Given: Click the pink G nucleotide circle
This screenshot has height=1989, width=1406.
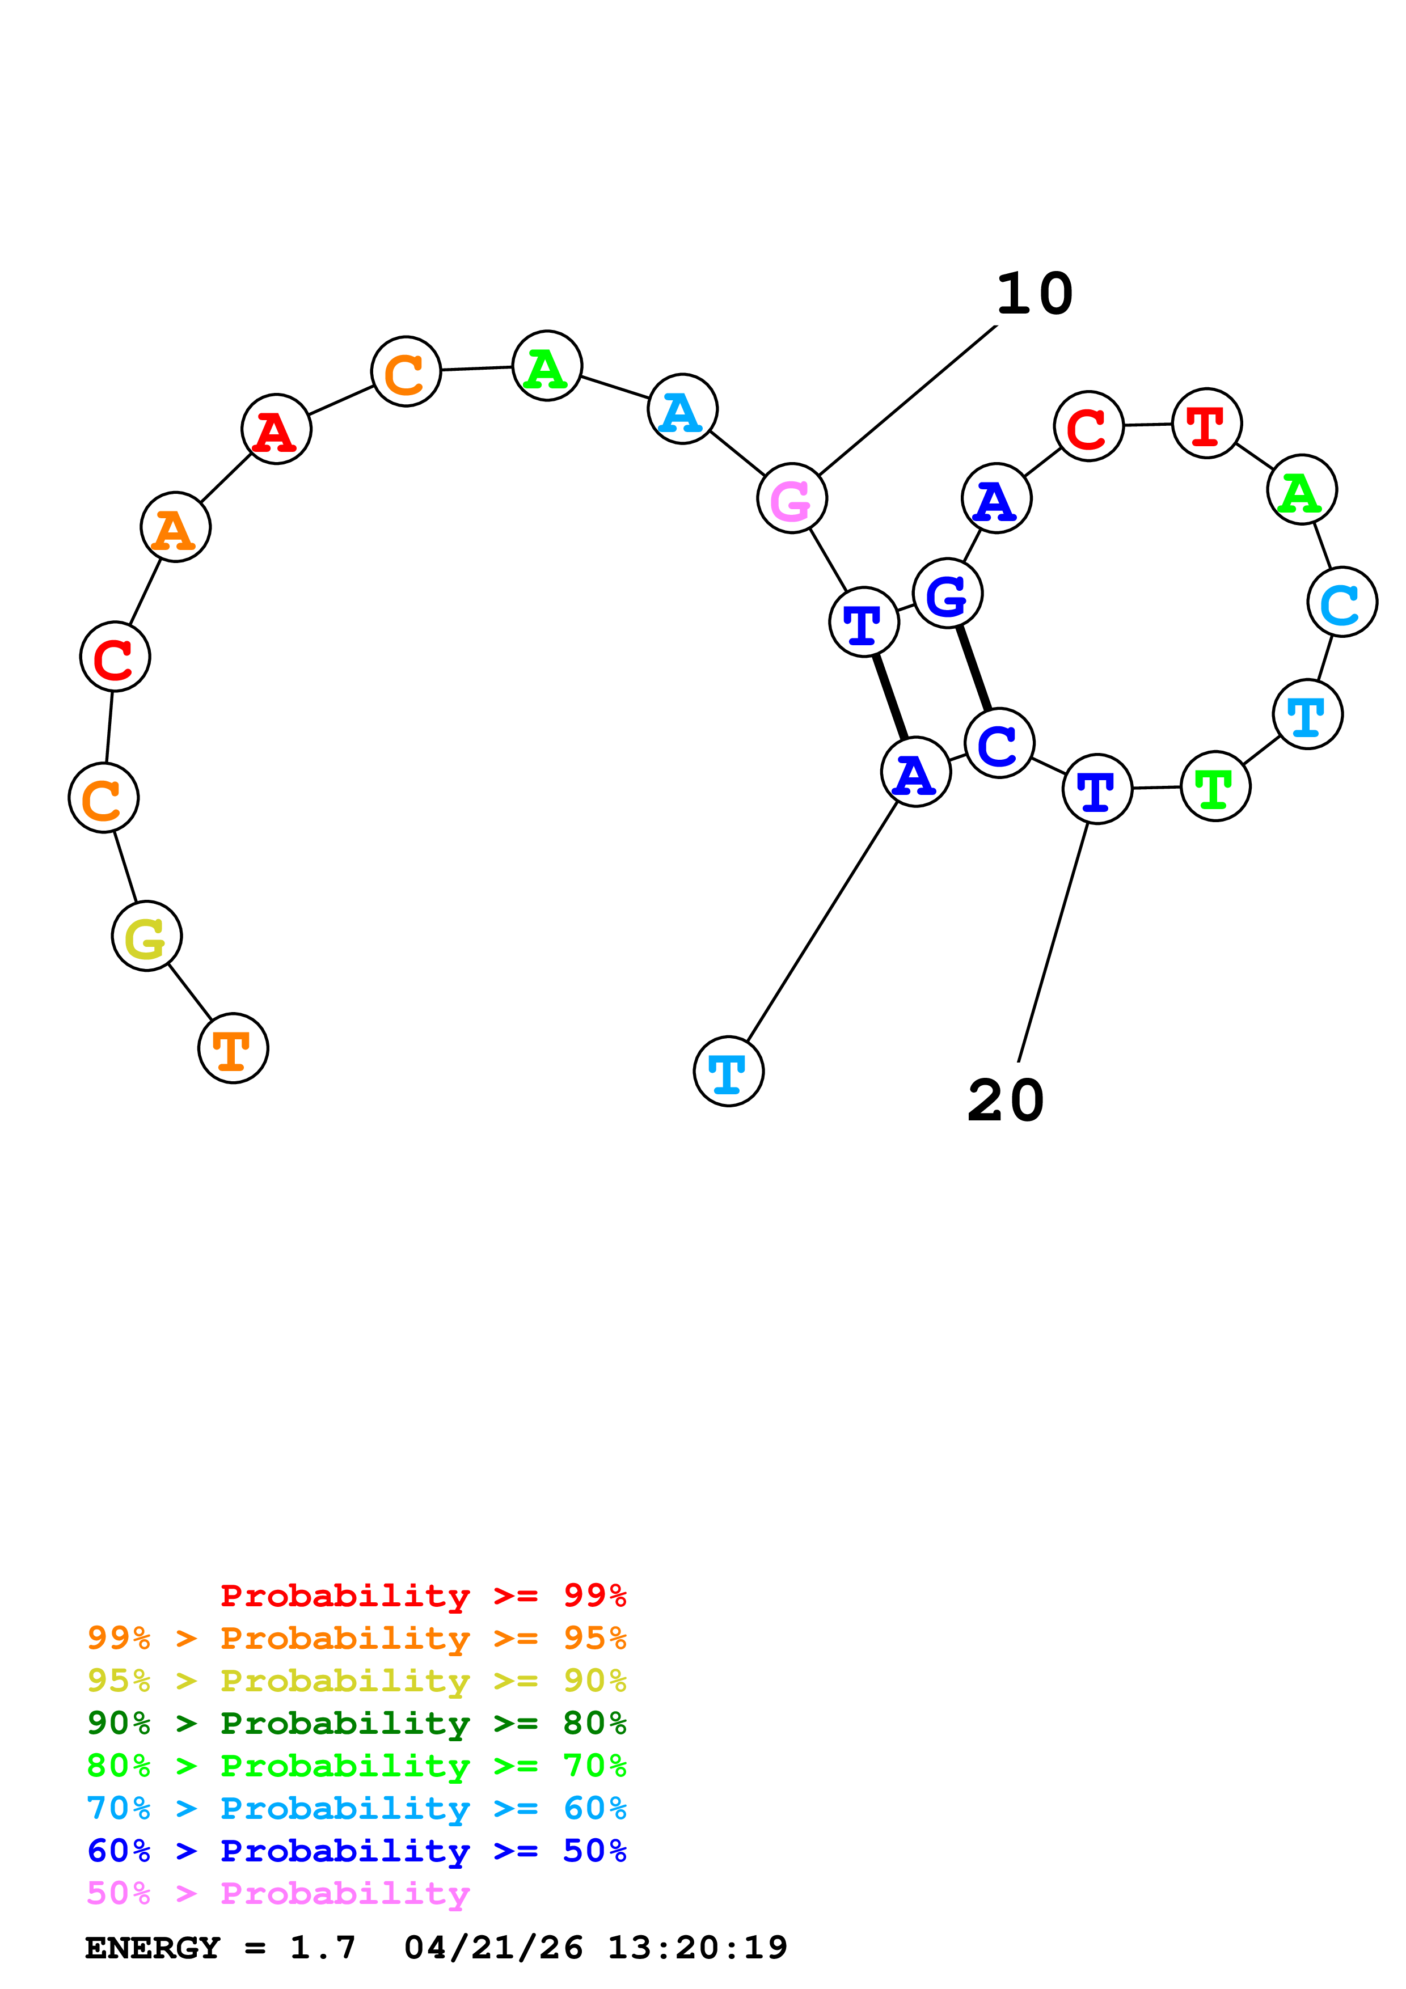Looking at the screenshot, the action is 792,498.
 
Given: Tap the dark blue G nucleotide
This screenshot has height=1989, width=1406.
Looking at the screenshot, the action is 948,594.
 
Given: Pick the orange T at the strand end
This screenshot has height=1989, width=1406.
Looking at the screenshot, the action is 233,1048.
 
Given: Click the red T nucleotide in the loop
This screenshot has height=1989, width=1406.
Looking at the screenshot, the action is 1207,424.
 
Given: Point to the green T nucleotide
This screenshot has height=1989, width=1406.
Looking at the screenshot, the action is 1215,786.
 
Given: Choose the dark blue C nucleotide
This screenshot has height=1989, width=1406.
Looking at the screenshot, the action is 1000,743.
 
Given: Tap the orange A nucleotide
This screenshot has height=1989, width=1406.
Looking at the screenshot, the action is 176,527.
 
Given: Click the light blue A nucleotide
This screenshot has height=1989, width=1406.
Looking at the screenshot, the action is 683,409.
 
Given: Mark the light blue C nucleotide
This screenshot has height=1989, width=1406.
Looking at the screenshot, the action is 1342,602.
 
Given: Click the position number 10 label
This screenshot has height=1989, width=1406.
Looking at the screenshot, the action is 1035,294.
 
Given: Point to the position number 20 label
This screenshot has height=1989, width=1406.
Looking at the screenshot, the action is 1006,1101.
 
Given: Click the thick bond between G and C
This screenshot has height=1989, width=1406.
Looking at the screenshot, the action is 974,668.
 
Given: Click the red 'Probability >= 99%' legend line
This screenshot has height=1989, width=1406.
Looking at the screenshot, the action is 424,1595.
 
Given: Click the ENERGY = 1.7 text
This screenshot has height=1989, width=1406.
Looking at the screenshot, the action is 220,1948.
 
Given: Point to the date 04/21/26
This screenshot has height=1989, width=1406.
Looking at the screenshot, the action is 494,1948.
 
